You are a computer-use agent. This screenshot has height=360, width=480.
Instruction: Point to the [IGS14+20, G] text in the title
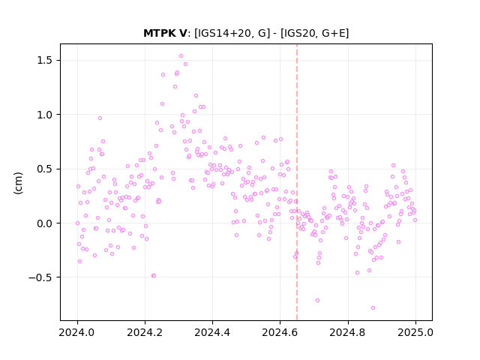[x=232, y=33]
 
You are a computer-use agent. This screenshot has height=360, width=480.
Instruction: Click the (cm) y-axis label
[x=18, y=183]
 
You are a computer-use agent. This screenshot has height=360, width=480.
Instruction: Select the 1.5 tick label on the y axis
[x=45, y=60]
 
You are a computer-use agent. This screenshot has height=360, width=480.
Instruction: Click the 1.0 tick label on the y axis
[x=45, y=115]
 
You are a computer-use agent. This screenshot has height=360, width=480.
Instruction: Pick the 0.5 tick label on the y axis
[x=45, y=169]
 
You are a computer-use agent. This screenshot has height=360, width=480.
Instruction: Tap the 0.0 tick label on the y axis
[x=45, y=223]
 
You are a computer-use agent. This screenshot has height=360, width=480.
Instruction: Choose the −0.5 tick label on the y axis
[x=41, y=277]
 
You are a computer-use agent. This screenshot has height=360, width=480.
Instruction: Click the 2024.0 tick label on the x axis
[x=77, y=332]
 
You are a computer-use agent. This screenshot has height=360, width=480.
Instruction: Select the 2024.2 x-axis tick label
[x=145, y=332]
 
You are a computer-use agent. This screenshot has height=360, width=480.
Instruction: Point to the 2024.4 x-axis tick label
[x=212, y=332]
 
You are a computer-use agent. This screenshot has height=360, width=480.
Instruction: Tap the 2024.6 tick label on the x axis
[x=280, y=332]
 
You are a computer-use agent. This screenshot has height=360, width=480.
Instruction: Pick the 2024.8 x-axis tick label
[x=348, y=332]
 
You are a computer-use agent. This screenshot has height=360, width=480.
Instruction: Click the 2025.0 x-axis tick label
[x=415, y=332]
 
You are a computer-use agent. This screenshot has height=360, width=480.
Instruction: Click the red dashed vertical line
[x=297, y=182]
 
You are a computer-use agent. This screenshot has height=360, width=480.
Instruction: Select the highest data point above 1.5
[x=181, y=56]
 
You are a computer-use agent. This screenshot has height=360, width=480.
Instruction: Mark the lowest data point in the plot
[x=373, y=308]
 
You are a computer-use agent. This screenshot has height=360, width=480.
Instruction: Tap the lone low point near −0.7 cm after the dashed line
[x=317, y=300]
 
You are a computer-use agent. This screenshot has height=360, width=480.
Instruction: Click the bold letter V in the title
[x=182, y=33]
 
